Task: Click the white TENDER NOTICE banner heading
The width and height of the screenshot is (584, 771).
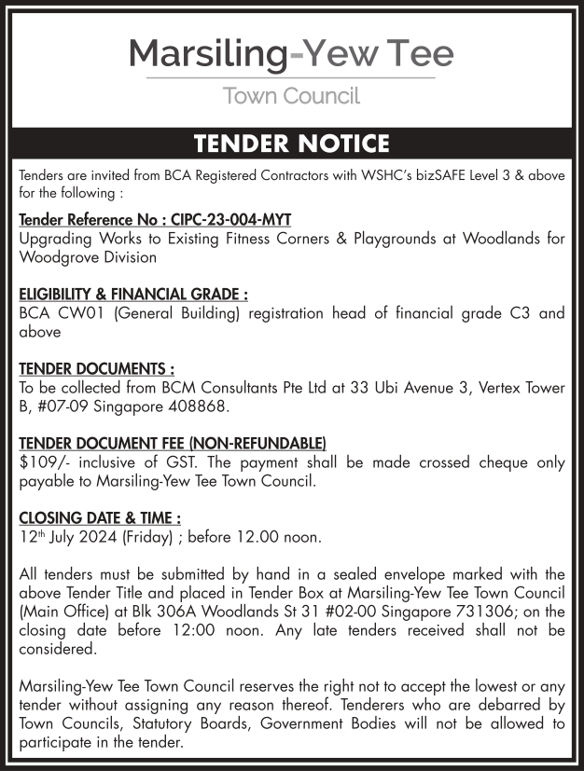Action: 291,145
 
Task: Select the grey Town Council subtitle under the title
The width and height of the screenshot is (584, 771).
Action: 291,96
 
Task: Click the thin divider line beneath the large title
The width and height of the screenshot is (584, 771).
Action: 291,77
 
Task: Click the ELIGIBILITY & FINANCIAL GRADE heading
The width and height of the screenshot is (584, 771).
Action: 133,294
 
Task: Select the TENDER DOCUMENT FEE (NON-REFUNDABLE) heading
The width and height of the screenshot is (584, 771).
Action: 173,443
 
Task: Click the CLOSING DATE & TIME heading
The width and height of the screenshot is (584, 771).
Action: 100,517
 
